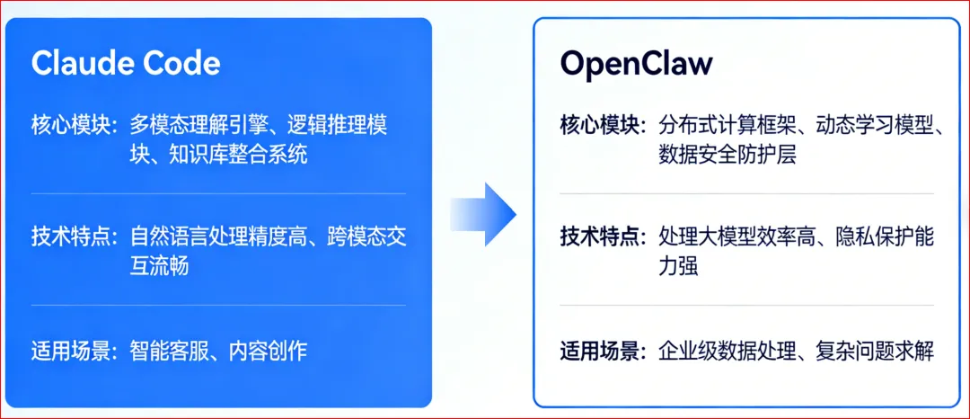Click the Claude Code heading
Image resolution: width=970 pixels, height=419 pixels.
(125, 63)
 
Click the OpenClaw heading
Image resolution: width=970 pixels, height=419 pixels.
(636, 63)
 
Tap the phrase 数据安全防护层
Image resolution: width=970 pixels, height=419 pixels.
(727, 155)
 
